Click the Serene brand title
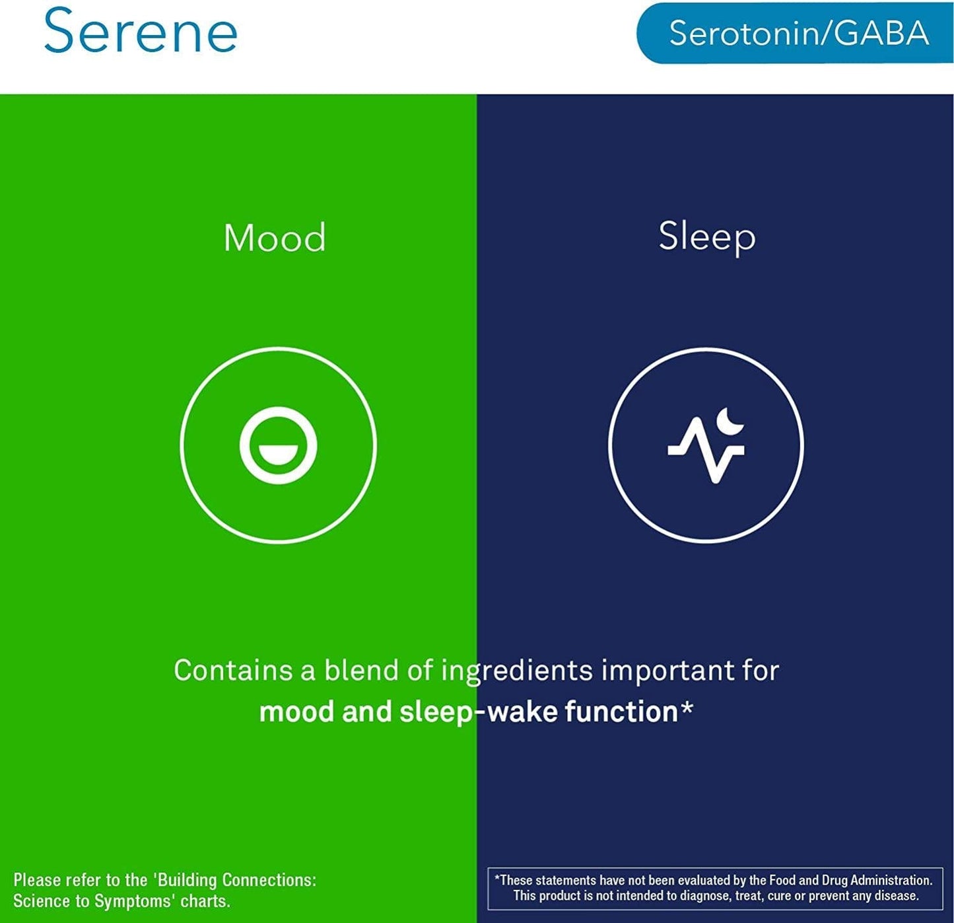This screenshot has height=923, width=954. (140, 31)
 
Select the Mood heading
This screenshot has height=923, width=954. (275, 238)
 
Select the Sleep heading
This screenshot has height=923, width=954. (706, 237)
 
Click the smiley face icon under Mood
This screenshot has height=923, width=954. (278, 445)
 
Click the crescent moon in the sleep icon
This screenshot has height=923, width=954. (731, 420)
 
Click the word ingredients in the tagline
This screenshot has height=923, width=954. (517, 671)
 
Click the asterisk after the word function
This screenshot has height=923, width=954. (687, 709)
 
